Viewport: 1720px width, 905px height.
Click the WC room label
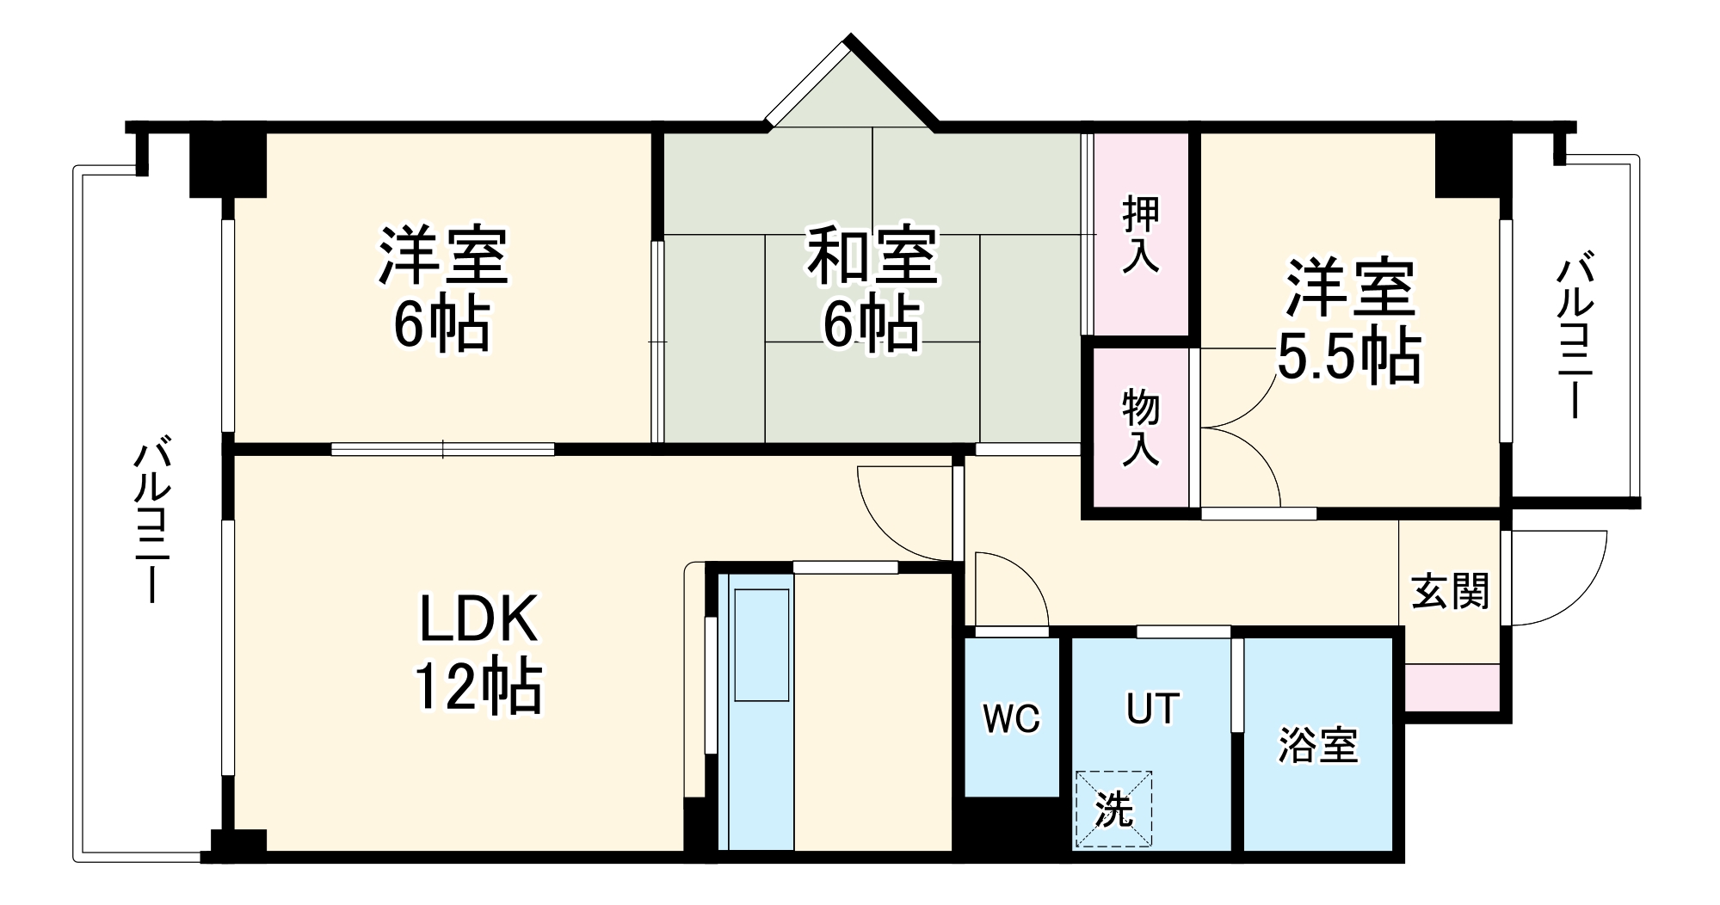1012,717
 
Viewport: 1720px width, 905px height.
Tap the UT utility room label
1152,709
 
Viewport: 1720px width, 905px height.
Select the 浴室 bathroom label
1317,745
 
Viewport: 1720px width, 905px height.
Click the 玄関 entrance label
1450,591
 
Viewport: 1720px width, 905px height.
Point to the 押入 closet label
1141,235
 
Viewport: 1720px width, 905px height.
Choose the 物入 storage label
1141,428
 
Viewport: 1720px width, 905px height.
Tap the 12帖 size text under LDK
478,686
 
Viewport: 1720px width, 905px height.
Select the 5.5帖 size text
1347,355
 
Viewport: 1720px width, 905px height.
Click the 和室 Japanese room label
871,256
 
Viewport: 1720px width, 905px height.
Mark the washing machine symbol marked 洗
1113,809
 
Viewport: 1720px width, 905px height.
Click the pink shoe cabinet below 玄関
1452,687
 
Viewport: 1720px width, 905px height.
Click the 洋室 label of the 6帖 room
443,256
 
